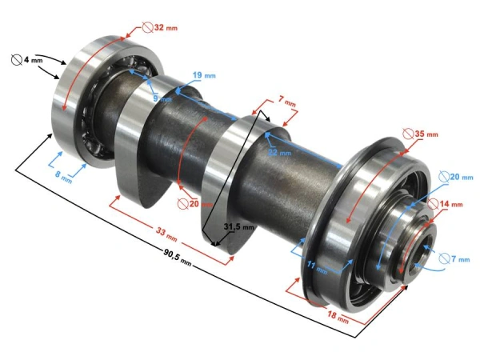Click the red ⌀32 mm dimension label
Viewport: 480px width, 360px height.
(x=161, y=27)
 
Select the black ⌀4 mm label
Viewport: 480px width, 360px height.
(x=28, y=59)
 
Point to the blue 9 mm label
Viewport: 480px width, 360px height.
(x=162, y=98)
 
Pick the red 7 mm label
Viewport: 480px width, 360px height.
(x=286, y=103)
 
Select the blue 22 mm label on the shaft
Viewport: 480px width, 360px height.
(x=278, y=152)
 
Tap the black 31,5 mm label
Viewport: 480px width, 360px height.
(x=238, y=227)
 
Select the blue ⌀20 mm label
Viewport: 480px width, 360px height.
(x=450, y=177)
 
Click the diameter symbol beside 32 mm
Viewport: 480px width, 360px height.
(x=147, y=27)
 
